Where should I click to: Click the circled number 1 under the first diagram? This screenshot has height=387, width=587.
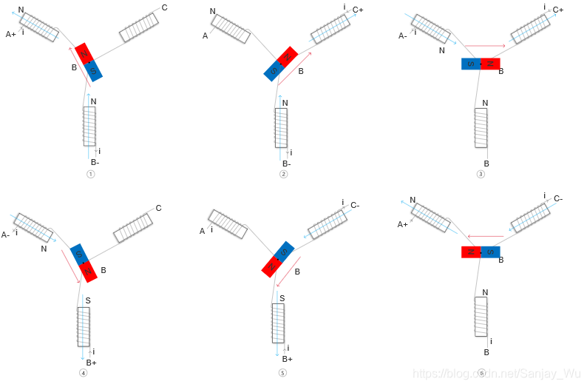90,175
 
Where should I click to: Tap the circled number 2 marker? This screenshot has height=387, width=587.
283,175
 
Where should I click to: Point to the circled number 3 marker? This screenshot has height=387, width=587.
481,175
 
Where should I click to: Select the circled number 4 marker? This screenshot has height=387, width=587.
83,373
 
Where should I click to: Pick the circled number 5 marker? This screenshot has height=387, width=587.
282,373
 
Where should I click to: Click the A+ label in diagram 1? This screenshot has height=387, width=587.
11,34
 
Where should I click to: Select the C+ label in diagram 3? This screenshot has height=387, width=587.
557,10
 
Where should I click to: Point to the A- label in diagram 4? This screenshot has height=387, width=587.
6,235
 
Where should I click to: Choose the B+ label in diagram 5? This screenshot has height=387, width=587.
288,359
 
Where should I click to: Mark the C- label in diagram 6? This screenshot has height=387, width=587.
558,198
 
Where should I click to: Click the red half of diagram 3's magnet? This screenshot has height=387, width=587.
490,64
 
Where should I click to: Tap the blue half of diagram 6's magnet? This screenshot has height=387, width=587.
491,252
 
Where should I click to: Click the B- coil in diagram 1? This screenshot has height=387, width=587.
89,127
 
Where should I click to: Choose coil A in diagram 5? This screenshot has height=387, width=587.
227,223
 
